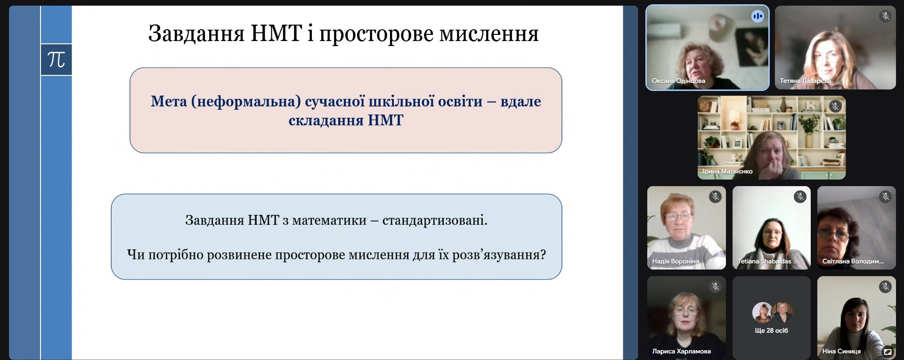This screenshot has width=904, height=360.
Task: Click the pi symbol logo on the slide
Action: coord(56,60)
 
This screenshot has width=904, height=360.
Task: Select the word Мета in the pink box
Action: coord(169,101)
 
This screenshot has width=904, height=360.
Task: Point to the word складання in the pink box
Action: coord(326,121)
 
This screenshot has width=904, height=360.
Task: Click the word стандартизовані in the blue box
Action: coord(435,221)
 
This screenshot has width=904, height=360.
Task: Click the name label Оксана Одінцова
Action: coord(678,81)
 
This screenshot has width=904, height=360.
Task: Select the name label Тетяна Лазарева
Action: coord(806,81)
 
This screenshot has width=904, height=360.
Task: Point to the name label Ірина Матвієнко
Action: coord(727,172)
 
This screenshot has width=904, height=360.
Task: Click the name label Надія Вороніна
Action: coord(676,261)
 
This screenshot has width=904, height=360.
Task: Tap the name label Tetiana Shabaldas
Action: coord(764,261)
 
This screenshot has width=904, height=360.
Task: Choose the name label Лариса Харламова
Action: coord(681,351)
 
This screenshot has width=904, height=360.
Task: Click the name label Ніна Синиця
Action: coord(841,351)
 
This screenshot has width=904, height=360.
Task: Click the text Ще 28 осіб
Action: coord(771,330)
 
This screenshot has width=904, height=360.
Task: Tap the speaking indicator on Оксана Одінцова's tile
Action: coord(757,16)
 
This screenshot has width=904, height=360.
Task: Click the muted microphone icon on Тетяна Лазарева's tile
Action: coord(885,16)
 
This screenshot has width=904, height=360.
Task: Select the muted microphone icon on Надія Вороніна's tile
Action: coord(715,196)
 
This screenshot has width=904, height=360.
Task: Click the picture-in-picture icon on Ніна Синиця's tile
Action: coord(888,352)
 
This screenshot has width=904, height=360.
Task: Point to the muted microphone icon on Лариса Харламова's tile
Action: coord(715,286)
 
